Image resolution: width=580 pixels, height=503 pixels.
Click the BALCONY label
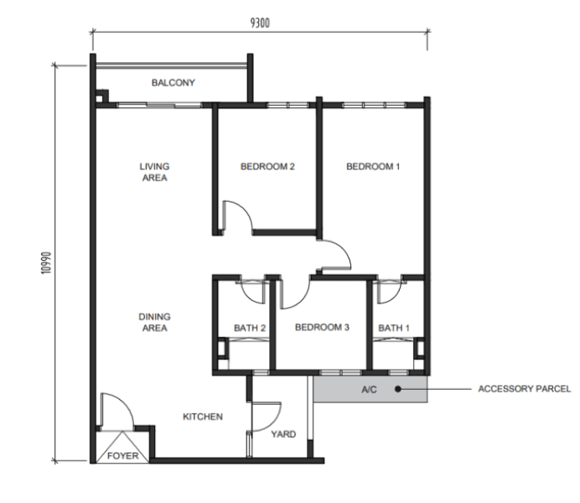coord(173,82)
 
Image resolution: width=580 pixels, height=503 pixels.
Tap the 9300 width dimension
coord(260,23)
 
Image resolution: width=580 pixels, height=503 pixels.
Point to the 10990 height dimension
coord(46,263)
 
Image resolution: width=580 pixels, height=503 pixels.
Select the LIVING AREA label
coord(154,172)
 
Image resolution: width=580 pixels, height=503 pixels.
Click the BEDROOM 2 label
coord(267,167)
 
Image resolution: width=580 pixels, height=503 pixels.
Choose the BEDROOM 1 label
coord(373,167)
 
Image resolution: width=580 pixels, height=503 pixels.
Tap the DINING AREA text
coord(154,322)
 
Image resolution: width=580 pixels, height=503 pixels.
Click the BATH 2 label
coord(250,328)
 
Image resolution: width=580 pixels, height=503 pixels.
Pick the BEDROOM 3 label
coord(322,327)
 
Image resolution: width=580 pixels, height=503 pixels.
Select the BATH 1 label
coord(394,328)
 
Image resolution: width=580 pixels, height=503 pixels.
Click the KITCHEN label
coord(203,417)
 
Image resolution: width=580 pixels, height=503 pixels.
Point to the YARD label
coord(283,434)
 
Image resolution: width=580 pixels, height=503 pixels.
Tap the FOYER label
coord(123,456)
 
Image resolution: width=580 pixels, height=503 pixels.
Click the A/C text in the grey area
coord(369,390)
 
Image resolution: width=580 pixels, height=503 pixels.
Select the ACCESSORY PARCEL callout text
coord(524,389)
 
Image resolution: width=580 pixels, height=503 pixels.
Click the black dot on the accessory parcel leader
coord(397,389)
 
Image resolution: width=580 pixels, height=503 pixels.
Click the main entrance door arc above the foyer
coord(125,402)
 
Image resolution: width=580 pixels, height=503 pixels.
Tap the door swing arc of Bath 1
coord(395,297)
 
